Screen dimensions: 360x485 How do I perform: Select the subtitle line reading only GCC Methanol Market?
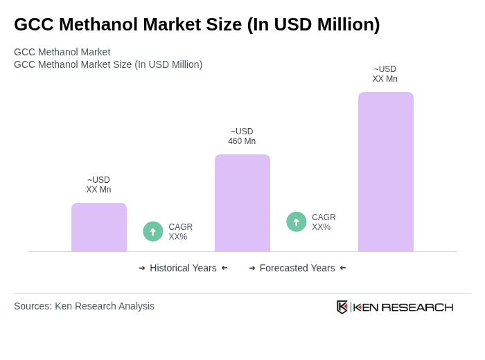click(62, 52)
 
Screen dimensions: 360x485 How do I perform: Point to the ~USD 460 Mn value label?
click(242, 136)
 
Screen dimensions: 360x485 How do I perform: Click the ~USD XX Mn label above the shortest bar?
click(98, 185)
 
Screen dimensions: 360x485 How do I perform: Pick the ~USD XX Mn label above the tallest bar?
click(385, 74)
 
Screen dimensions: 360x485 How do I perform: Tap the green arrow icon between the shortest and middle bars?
click(153, 231)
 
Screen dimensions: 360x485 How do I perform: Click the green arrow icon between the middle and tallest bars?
click(297, 222)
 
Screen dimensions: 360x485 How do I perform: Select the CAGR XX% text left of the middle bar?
click(180, 232)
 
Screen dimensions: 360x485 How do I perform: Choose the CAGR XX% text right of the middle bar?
click(324, 222)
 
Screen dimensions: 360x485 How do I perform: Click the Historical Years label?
click(183, 268)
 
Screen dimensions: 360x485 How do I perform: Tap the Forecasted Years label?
click(297, 268)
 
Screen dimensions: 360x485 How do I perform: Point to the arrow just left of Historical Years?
click(142, 268)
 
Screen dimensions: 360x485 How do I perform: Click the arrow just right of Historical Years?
click(224, 268)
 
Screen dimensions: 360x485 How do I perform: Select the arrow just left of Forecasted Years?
click(252, 268)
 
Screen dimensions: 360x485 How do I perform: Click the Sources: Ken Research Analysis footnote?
click(84, 306)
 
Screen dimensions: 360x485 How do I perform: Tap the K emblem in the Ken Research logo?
click(342, 307)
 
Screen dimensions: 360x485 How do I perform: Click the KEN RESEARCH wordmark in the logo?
click(403, 307)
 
